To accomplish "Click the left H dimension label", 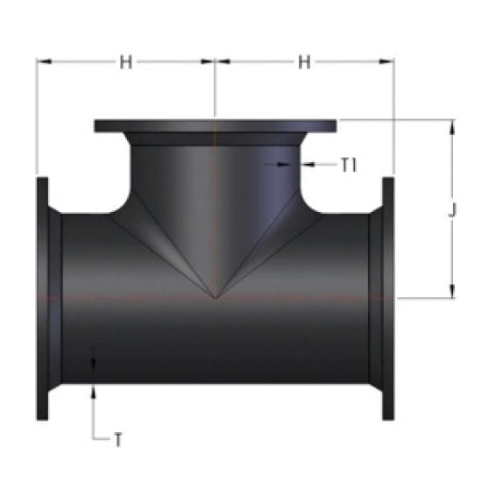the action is tap(125, 62).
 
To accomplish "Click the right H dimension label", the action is tap(304, 62).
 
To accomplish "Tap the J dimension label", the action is tap(452, 210).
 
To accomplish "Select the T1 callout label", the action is tap(349, 165).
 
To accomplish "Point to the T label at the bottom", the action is tap(118, 440).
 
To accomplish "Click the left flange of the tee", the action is tap(42, 299).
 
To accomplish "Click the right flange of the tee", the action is tap(388, 299).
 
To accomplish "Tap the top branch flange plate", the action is tap(216, 126).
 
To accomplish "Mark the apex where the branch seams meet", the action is tap(216, 298).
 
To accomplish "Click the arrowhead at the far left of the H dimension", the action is tap(44, 62).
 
